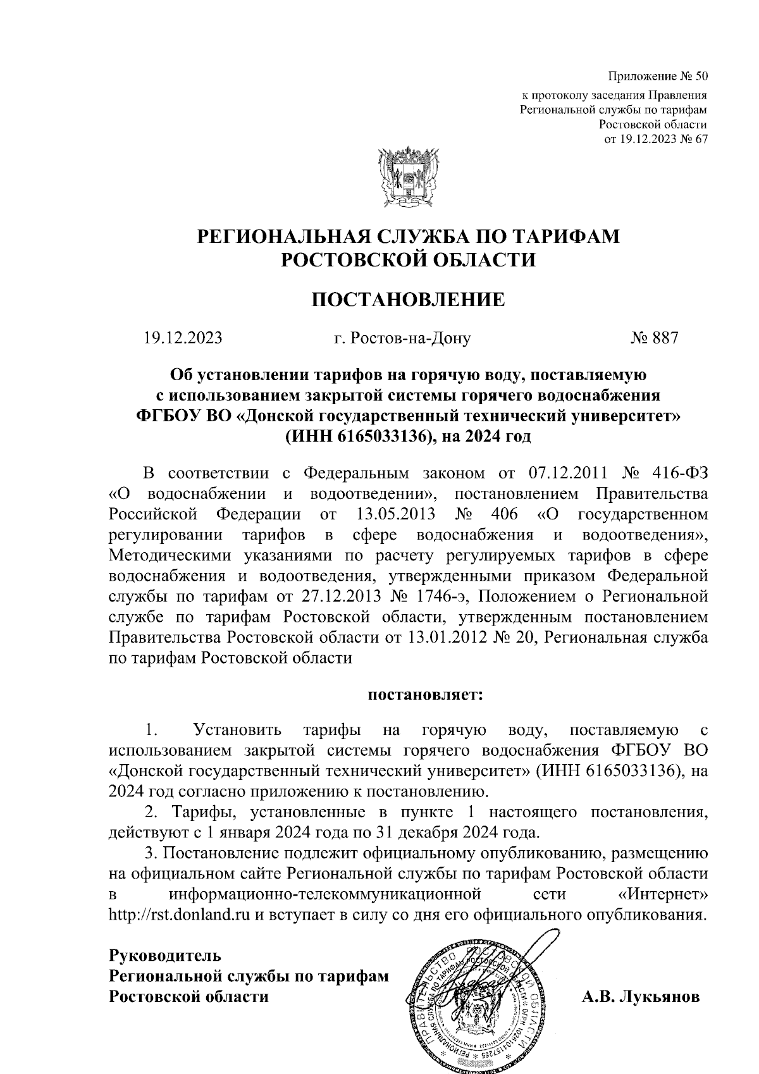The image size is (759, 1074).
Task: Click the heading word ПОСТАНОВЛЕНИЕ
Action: tap(409, 299)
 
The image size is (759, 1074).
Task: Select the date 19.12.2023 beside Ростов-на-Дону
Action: tap(183, 338)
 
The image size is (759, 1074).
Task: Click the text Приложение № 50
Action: tap(657, 77)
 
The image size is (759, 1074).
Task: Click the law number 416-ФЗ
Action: tap(679, 473)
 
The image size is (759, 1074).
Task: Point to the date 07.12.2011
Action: tap(567, 473)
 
